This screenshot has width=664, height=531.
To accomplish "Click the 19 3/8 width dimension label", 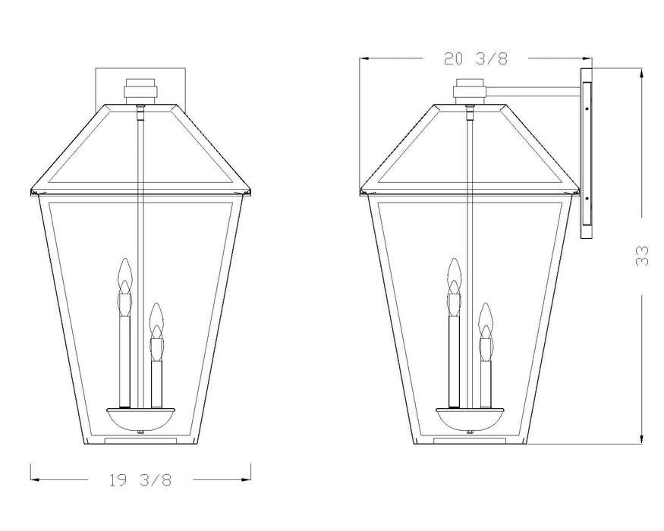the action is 140,480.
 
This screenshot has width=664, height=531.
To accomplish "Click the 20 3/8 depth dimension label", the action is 476,58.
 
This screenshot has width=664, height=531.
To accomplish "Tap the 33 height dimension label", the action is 642,256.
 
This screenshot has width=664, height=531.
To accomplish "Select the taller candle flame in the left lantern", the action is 124,275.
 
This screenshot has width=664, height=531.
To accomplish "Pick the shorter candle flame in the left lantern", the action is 156,319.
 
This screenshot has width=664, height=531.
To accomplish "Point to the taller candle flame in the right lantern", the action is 454,275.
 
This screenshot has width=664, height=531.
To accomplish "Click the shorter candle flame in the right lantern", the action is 486,319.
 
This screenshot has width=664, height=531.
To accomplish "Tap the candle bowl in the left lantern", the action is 140,420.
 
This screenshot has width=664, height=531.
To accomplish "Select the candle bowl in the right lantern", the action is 470,420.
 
